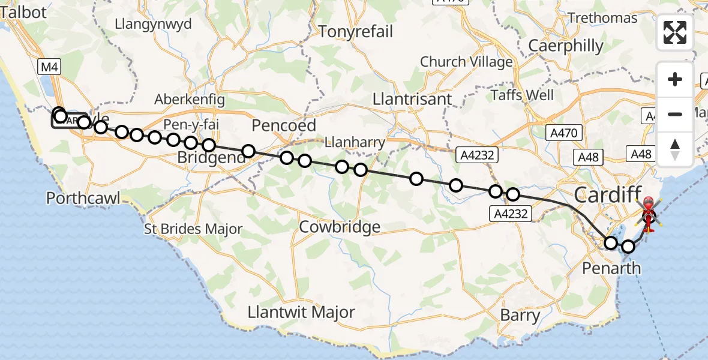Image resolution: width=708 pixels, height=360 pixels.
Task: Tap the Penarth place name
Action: click(611, 268)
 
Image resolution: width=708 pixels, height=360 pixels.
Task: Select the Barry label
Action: click(520, 315)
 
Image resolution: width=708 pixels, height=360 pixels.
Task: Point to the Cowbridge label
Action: click(340, 227)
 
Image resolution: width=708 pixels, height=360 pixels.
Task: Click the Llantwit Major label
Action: click(301, 313)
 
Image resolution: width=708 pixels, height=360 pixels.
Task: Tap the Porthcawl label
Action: click(83, 197)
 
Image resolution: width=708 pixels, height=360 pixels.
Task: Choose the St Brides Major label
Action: click(193, 229)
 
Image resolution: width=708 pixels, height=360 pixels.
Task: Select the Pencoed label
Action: click(284, 125)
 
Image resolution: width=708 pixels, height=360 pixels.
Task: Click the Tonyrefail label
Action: click(356, 31)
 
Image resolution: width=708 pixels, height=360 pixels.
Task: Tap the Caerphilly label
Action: click(566, 46)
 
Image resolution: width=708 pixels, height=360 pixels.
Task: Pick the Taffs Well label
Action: click(522, 95)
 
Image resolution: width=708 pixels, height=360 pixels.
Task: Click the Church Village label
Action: click(466, 62)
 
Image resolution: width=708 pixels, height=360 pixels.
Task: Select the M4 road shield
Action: click(49, 67)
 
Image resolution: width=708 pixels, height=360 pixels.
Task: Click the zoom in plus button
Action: click(675, 79)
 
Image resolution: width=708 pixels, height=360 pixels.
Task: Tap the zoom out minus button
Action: click(675, 114)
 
